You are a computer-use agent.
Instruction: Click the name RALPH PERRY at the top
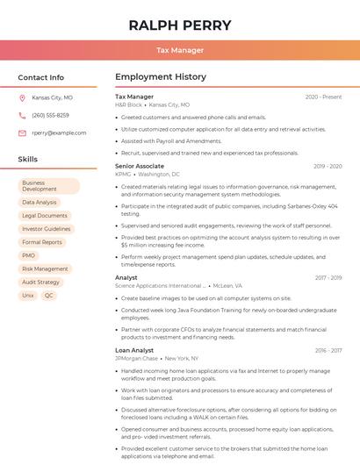180,25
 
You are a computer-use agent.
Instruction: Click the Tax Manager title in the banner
180,50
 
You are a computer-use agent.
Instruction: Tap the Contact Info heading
40,77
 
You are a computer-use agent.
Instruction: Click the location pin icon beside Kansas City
22,98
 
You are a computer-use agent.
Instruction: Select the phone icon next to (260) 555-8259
22,115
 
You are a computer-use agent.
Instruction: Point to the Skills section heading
28,160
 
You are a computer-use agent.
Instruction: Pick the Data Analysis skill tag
40,203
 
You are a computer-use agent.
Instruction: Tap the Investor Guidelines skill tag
47,229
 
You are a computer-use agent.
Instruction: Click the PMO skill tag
29,255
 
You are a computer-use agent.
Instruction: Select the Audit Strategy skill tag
41,282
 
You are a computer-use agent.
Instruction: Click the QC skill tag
49,296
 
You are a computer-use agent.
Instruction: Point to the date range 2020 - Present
323,97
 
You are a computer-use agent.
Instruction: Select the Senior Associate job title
139,166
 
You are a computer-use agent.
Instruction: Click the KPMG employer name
123,175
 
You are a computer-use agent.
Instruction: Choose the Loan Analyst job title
134,350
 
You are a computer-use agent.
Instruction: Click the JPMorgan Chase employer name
136,359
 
